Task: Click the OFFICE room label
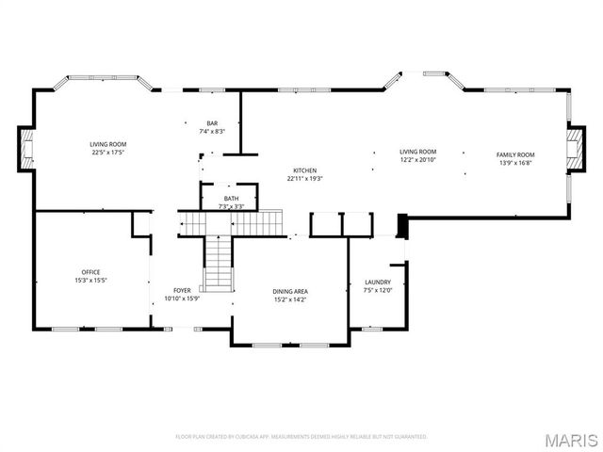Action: [x=90, y=272]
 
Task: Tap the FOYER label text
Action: [x=182, y=291]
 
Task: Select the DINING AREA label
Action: [x=290, y=292]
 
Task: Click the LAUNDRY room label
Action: [x=378, y=282]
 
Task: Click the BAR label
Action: [x=212, y=123]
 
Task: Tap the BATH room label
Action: [x=231, y=199]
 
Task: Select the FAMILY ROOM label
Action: [x=515, y=154]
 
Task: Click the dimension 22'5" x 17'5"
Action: [x=108, y=152]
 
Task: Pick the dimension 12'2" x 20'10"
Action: [x=417, y=159]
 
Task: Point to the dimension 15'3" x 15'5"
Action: [x=90, y=281]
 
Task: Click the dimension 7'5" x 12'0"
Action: [x=378, y=290]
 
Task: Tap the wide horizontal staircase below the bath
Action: [x=231, y=223]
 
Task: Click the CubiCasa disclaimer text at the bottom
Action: [x=301, y=437]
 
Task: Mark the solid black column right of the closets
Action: [x=402, y=227]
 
